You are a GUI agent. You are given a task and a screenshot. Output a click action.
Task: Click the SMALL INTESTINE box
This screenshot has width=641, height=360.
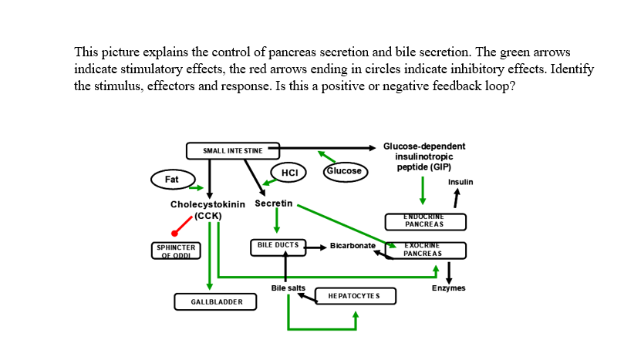click(232, 150)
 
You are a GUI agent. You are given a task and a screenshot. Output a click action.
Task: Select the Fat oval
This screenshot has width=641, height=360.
click(171, 180)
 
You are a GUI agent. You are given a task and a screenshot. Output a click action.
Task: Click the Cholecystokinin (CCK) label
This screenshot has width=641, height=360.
click(207, 209)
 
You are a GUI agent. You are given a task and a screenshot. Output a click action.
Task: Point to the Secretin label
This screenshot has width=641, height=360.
click(273, 204)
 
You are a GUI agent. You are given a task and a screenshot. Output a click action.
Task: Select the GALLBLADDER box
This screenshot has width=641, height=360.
click(212, 301)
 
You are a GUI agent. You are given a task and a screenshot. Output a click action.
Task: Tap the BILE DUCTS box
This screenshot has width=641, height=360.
click(278, 247)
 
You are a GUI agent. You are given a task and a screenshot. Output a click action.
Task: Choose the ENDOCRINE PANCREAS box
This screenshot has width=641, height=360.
click(424, 221)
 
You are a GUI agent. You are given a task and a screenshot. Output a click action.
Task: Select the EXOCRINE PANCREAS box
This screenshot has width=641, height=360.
click(425, 250)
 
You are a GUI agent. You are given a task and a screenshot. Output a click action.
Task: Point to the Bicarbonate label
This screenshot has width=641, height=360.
click(353, 245)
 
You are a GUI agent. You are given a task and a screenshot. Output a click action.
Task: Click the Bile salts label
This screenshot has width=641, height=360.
click(288, 288)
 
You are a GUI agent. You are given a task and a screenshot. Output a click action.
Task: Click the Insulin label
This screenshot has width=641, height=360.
click(461, 182)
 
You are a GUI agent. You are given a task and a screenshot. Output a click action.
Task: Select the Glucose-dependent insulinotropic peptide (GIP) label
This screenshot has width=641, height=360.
click(424, 156)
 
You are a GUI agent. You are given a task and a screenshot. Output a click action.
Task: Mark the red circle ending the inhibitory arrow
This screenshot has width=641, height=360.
click(175, 233)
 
